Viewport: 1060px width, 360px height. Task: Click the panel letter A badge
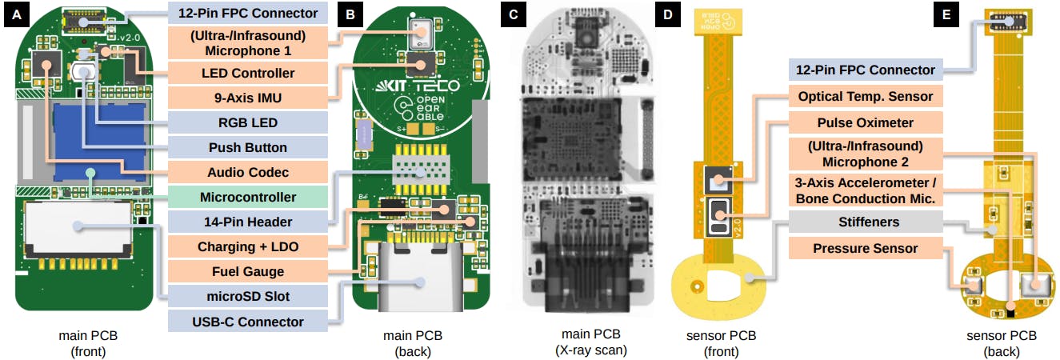16,15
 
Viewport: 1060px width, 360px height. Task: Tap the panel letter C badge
513,15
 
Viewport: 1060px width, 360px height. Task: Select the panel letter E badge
946,15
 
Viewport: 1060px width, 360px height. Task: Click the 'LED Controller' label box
248,73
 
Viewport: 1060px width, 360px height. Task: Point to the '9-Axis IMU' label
248,98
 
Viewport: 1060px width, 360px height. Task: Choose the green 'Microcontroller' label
248,197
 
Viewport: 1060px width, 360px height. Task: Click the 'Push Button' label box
248,147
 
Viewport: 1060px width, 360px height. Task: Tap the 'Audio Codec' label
248,172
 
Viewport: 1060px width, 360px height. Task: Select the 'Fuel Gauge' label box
248,271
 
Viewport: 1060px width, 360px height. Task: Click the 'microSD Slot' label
248,296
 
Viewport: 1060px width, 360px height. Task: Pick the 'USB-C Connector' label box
248,322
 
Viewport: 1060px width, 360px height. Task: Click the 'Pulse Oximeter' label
866,122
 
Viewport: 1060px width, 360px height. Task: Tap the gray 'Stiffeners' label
866,222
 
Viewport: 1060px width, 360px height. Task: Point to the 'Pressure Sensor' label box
866,248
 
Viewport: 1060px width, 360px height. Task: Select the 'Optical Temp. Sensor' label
866,97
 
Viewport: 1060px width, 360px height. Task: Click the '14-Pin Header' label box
248,222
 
